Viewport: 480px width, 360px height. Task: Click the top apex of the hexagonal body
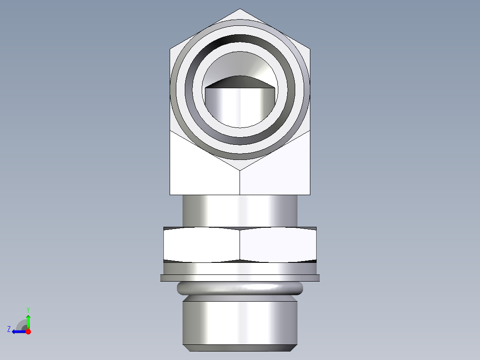click(240, 10)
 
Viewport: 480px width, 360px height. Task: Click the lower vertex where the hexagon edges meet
click(240, 170)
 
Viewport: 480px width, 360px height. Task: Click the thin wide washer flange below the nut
click(240, 278)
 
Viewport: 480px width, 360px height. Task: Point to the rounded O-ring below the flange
click(240, 289)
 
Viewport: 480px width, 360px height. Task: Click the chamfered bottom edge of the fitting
click(240, 348)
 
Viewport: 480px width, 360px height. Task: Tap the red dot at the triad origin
click(28, 331)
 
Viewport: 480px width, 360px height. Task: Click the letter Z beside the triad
click(9, 329)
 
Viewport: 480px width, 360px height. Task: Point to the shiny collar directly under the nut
click(240, 268)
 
